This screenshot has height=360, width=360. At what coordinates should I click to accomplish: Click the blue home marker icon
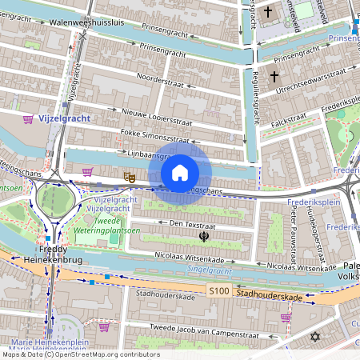[x=180, y=172]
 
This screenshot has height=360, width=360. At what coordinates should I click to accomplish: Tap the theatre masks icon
[x=128, y=174]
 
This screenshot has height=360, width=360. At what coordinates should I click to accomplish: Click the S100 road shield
[x=218, y=291]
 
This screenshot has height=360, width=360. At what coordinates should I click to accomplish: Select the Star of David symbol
[x=314, y=338]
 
